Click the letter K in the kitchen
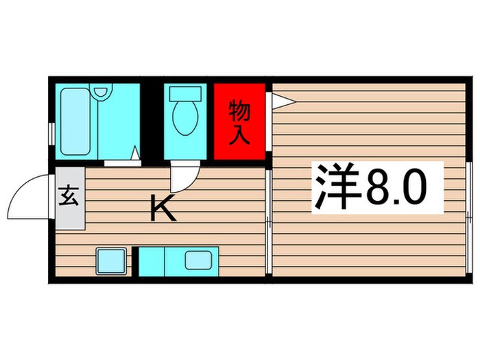click(163, 208)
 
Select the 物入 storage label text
click(238, 121)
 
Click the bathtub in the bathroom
click(76, 123)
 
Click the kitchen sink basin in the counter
click(198, 260)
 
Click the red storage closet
click(238, 122)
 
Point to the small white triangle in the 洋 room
click(282, 101)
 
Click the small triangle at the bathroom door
click(135, 154)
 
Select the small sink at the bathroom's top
click(102, 91)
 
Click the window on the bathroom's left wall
click(50, 132)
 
